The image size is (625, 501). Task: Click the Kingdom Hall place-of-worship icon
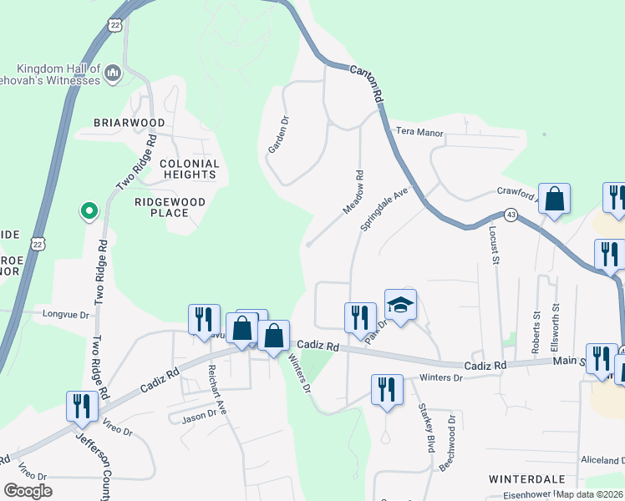(x=114, y=74)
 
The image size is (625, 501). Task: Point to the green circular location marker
(x=87, y=210)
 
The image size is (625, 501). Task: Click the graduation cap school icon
(x=400, y=306)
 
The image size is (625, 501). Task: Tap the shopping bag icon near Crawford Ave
(x=554, y=200)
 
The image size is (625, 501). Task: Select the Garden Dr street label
(x=277, y=134)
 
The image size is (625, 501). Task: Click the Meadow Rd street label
(x=353, y=192)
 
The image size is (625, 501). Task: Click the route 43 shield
(x=511, y=215)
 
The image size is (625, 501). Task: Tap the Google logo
(x=28, y=491)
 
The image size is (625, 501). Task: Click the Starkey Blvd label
(x=427, y=428)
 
